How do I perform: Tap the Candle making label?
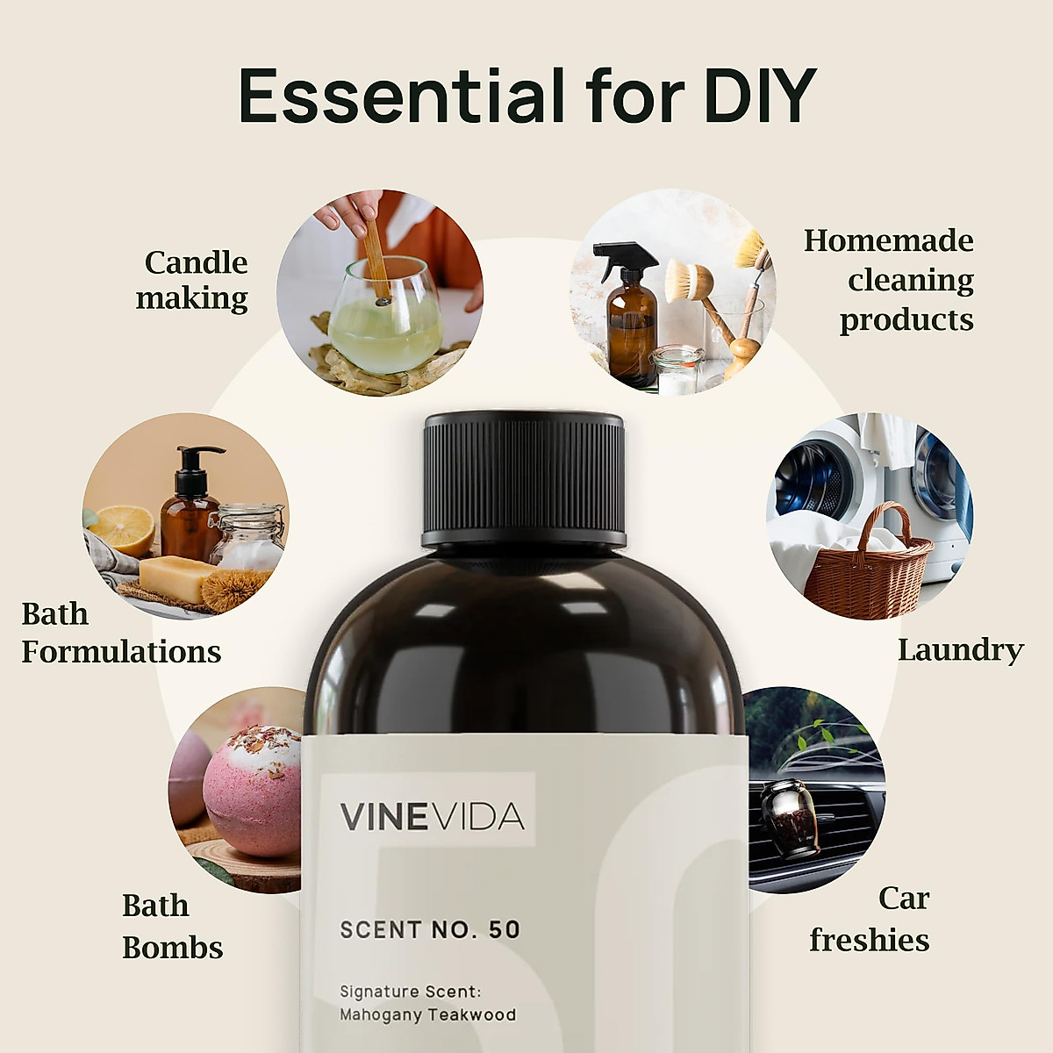(194, 280)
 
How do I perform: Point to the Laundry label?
(960, 650)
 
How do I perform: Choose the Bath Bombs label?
(172, 926)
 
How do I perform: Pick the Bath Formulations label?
(120, 633)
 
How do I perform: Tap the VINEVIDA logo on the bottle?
(432, 816)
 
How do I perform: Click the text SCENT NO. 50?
(430, 929)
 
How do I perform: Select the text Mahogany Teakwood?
(427, 1014)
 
